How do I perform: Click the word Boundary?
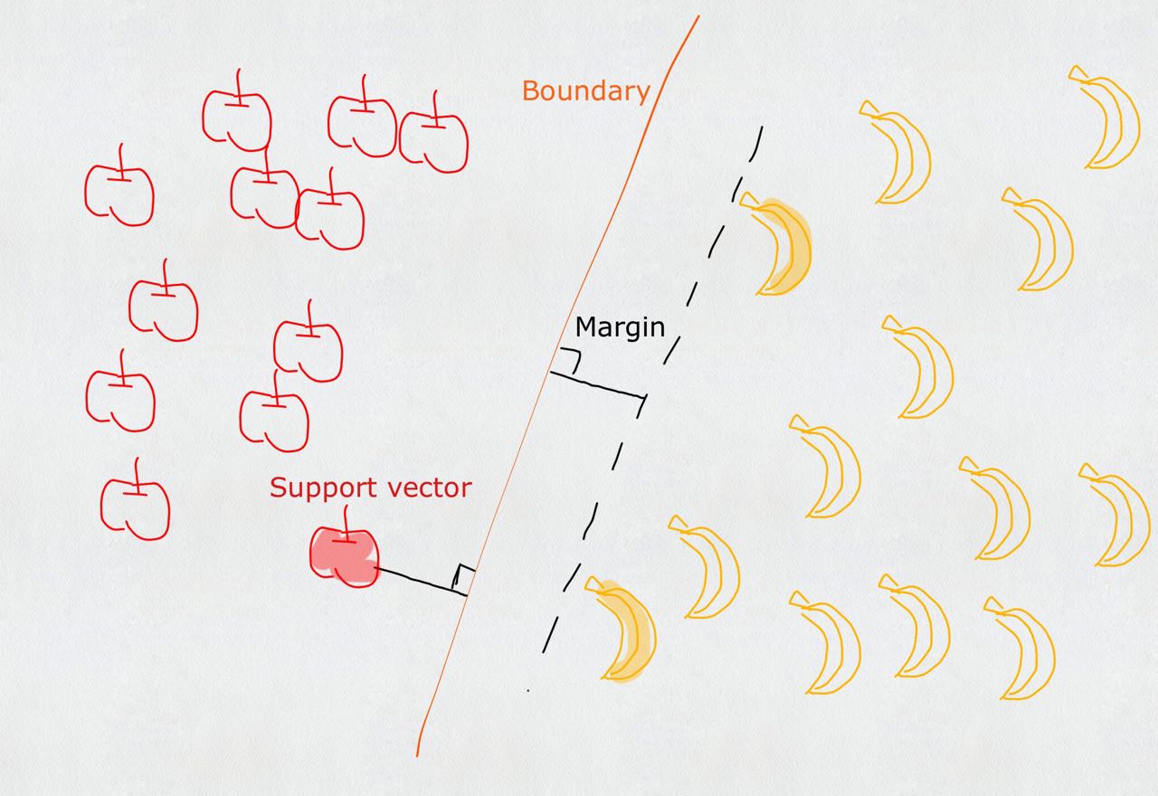[585, 91]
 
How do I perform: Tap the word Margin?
[620, 327]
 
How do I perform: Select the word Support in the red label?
[322, 488]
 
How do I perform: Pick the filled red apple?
[345, 555]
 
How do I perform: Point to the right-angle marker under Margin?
[570, 359]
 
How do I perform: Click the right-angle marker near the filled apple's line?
[463, 576]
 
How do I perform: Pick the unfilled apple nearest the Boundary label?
[433, 140]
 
